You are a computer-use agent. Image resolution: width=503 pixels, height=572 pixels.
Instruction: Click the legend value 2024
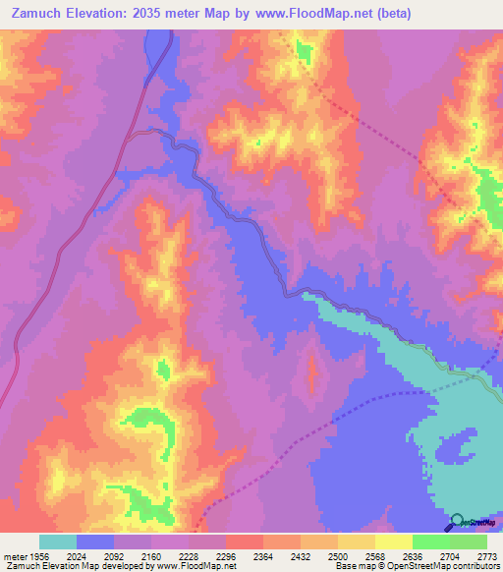coord(77,555)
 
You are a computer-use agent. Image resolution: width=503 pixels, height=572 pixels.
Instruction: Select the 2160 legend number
coord(151,555)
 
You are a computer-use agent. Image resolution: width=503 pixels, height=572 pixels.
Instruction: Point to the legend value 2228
coord(189,555)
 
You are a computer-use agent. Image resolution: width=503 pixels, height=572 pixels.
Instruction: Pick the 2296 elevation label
coord(226,555)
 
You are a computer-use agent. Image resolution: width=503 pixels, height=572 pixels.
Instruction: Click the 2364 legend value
coord(263,555)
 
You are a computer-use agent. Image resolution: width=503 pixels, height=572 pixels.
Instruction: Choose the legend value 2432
coord(301,555)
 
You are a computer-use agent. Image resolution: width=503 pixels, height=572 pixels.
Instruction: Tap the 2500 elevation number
coord(338,555)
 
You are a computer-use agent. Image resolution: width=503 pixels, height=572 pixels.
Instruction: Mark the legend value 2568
coord(375,555)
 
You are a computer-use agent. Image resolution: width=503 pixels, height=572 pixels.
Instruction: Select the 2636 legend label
coord(413,555)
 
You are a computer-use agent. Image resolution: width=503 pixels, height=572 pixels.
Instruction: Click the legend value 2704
coord(450,555)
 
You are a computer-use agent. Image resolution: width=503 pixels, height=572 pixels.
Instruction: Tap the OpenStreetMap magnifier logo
coord(459,521)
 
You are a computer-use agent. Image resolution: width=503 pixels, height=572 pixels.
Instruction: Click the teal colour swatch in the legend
coord(58,542)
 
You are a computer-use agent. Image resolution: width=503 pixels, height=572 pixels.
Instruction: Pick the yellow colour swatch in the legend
coord(394,542)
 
